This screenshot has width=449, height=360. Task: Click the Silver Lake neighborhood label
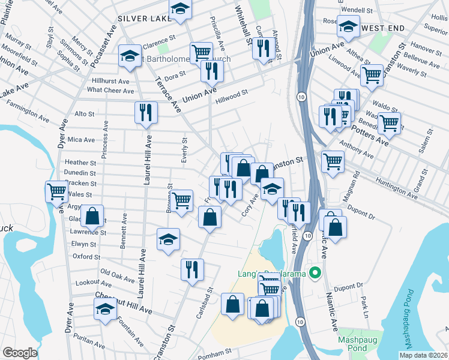(142, 19)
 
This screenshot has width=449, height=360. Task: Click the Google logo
(20, 353)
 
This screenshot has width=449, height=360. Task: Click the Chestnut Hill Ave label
(124, 304)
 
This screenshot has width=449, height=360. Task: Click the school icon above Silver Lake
(179, 8)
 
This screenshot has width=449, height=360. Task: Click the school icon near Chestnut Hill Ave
(105, 310)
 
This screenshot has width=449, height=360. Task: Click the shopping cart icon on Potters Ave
(390, 123)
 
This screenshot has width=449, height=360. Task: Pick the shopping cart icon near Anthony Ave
(332, 160)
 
